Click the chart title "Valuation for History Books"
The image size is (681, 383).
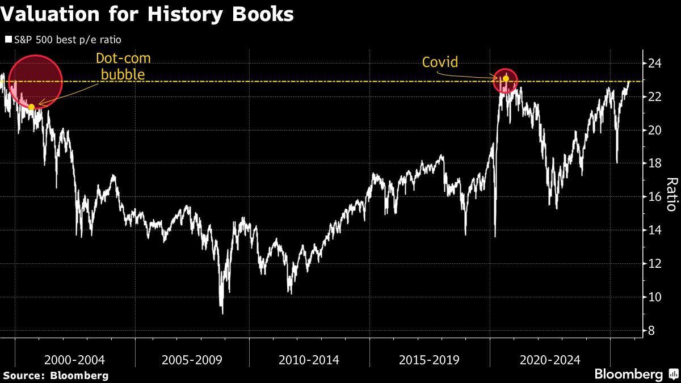(147, 14)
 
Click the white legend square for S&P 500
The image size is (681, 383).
(8, 40)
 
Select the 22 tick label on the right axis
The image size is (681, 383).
(655, 96)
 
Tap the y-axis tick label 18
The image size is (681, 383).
(655, 163)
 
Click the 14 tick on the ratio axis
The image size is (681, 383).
(655, 230)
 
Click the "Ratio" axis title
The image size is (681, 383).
(671, 194)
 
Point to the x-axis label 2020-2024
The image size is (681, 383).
(549, 360)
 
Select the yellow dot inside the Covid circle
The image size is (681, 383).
(506, 78)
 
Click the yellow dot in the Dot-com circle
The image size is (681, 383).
(32, 107)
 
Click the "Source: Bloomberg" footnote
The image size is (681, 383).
(56, 375)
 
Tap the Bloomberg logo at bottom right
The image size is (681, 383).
(635, 374)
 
